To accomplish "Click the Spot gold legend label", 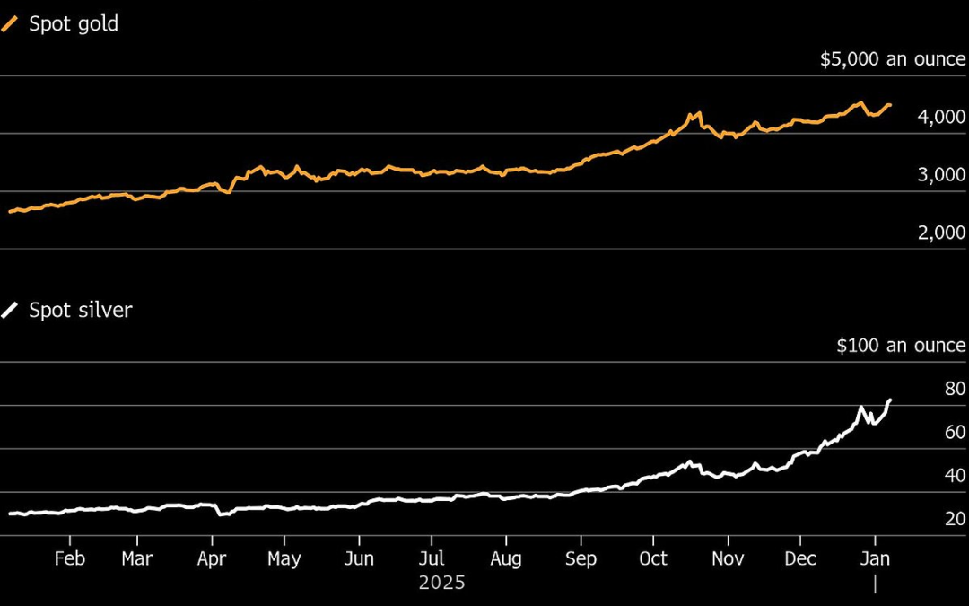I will [x=74, y=24].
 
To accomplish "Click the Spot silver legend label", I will [x=81, y=311].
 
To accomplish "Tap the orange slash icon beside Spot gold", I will [x=10, y=24].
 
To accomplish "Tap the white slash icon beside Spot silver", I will [x=10, y=311].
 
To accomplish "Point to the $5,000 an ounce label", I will [x=892, y=60].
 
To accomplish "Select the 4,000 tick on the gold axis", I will [x=942, y=118].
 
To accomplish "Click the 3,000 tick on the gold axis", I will [x=942, y=175].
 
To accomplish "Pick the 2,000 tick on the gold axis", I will [x=942, y=233].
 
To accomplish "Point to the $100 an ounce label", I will [x=901, y=346].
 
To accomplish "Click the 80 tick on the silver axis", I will [x=955, y=389].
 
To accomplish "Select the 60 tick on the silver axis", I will [x=955, y=432].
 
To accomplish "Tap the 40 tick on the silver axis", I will [x=955, y=475].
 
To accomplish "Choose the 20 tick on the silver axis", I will [x=955, y=518].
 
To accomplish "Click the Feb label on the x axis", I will [x=69, y=558].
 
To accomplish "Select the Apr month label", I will [x=212, y=558].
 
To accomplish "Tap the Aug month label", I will [x=506, y=558].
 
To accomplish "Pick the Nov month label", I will [x=728, y=558].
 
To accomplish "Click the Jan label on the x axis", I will [x=875, y=558].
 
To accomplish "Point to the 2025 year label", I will [x=442, y=583].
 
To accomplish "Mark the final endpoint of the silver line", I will [x=890, y=400].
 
